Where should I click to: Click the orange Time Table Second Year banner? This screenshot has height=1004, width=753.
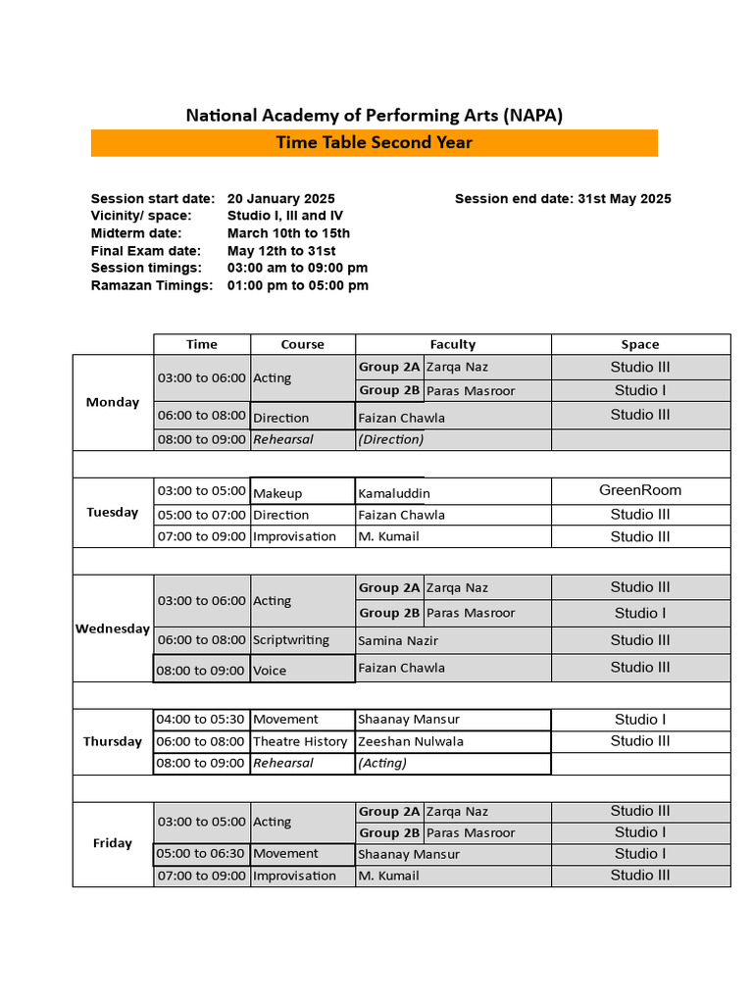pyautogui.click(x=374, y=143)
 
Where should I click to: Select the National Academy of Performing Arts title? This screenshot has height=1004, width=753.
pyautogui.click(x=374, y=116)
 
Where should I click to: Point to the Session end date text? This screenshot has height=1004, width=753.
pyautogui.click(x=563, y=199)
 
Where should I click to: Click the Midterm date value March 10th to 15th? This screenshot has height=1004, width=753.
pyautogui.click(x=288, y=233)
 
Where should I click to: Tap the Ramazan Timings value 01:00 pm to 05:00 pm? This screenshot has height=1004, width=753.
pyautogui.click(x=297, y=285)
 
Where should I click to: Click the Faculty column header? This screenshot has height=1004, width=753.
pyautogui.click(x=452, y=344)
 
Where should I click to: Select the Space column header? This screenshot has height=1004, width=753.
pyautogui.click(x=639, y=344)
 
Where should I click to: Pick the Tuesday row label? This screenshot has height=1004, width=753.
pyautogui.click(x=113, y=512)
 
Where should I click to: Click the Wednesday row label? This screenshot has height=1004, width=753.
pyautogui.click(x=113, y=628)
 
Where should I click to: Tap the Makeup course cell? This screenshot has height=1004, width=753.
pyautogui.click(x=277, y=493)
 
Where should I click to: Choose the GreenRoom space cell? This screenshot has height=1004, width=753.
pyautogui.click(x=639, y=490)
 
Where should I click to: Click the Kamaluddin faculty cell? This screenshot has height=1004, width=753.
pyautogui.click(x=394, y=493)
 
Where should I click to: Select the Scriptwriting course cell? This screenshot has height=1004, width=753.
pyautogui.click(x=291, y=640)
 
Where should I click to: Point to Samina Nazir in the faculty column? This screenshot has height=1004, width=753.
pyautogui.click(x=397, y=640)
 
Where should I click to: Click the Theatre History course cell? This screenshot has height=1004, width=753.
pyautogui.click(x=300, y=741)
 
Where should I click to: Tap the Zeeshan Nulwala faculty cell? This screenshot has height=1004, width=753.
pyautogui.click(x=411, y=741)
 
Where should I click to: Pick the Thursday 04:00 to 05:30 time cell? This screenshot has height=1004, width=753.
pyautogui.click(x=201, y=720)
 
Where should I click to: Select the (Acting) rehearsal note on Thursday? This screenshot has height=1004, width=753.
pyautogui.click(x=381, y=763)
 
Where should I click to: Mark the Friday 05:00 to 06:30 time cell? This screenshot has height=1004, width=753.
pyautogui.click(x=201, y=854)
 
